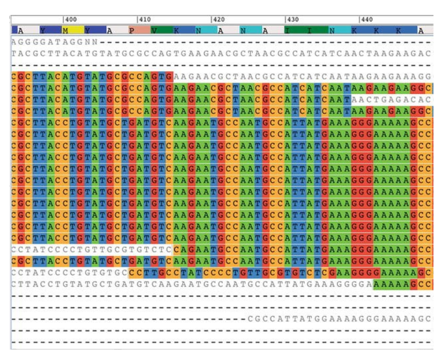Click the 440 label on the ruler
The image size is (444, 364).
click(367, 20)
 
